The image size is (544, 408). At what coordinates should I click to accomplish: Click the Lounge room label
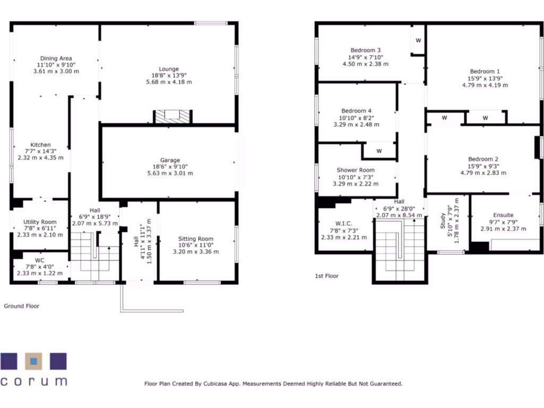(x=169, y=69)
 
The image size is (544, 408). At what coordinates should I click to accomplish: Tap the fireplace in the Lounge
(x=173, y=116)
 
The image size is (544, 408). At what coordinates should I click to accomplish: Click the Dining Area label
(x=56, y=58)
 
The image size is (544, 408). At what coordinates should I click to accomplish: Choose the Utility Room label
(x=40, y=222)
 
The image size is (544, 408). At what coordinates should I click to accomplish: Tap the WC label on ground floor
(x=39, y=260)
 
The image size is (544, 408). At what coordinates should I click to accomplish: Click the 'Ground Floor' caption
(x=22, y=306)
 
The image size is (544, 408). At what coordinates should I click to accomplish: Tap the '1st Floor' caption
(x=327, y=276)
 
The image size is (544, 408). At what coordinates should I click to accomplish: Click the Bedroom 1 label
(x=484, y=71)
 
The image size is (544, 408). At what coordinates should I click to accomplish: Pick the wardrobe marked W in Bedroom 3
(x=418, y=40)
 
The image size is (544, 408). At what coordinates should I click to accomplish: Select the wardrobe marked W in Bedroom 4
(x=379, y=151)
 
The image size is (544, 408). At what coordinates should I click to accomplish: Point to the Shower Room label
(x=355, y=171)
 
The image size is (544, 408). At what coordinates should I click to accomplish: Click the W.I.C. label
(x=344, y=223)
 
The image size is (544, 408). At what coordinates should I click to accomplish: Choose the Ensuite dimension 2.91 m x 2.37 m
(x=503, y=228)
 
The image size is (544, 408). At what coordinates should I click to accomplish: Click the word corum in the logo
(x=33, y=381)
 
